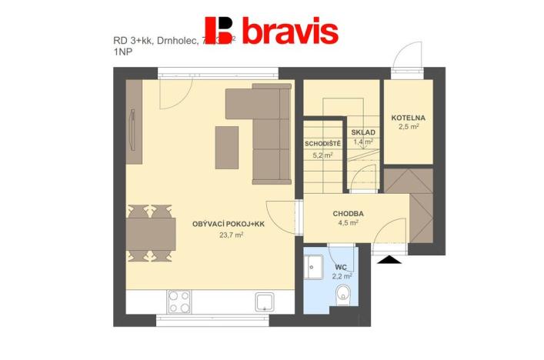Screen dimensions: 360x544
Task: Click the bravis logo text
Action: click(290, 32)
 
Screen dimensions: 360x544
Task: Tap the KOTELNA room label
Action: click(408, 118)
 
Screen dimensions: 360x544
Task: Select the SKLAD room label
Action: click(362, 132)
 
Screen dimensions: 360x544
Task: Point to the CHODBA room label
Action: click(349, 213)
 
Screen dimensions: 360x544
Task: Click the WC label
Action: click(341, 267)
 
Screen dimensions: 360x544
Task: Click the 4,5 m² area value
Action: click(349, 224)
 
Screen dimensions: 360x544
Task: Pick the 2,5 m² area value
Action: click(408, 128)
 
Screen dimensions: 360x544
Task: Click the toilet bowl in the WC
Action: click(344, 293)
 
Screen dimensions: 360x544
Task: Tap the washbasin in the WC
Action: click(314, 267)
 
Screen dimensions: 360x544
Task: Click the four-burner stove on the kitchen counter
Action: click(179, 300)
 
